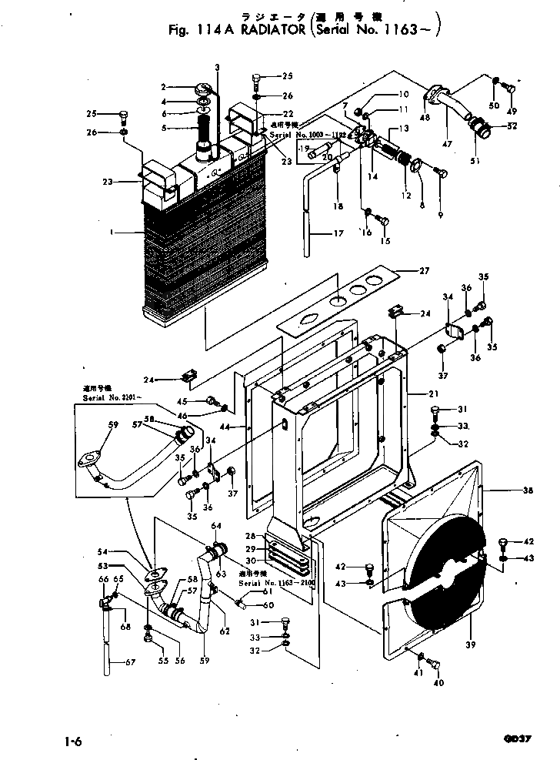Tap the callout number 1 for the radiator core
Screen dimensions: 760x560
(112, 231)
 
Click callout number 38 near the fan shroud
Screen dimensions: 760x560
(507, 490)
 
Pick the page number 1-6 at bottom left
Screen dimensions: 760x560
(74, 742)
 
